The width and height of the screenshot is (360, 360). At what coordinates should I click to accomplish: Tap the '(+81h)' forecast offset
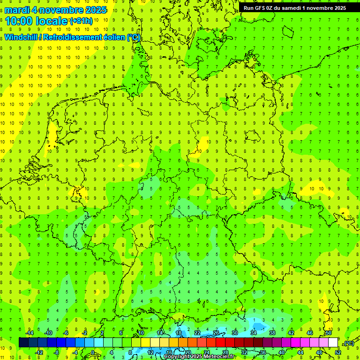pos(81,21)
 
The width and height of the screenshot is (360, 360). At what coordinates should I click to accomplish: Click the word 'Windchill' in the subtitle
pos(21,37)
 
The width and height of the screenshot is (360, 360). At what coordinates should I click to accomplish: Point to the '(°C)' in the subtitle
pos(134,37)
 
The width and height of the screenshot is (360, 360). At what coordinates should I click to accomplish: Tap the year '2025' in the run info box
pos(338,8)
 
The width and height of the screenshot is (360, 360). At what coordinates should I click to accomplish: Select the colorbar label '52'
pos(338,352)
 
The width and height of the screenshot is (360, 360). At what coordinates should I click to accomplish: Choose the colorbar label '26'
pos(216,333)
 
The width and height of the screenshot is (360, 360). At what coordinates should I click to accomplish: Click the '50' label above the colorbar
pos(329,333)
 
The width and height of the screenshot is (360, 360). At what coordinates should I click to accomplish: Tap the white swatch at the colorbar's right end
pos(333,343)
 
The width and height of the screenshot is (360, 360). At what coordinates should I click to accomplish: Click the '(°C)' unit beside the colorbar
pos(349,343)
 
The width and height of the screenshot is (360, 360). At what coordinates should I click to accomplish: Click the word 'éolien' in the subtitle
pos(113,37)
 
